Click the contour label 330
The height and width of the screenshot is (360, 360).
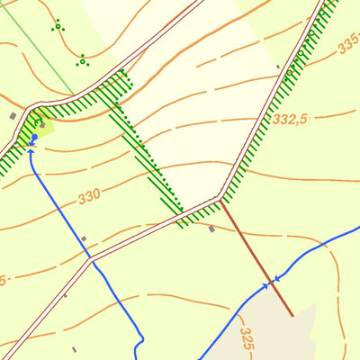tap(89, 195)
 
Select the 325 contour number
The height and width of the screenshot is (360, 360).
tap(247, 337)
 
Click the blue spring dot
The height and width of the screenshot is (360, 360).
tap(34, 138)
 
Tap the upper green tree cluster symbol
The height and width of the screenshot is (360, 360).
tap(58, 26)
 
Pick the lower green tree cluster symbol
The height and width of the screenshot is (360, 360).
tap(82, 61)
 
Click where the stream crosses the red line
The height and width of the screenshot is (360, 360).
tap(269, 283)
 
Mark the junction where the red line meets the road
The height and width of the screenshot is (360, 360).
tap(220, 200)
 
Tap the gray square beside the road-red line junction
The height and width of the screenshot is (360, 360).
tap(211, 229)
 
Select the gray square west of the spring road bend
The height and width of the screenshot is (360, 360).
tap(13, 115)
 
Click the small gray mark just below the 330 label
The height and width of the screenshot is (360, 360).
tap(84, 238)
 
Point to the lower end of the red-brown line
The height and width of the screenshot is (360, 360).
tap(292, 315)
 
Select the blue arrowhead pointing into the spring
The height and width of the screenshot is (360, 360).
tap(31, 150)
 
